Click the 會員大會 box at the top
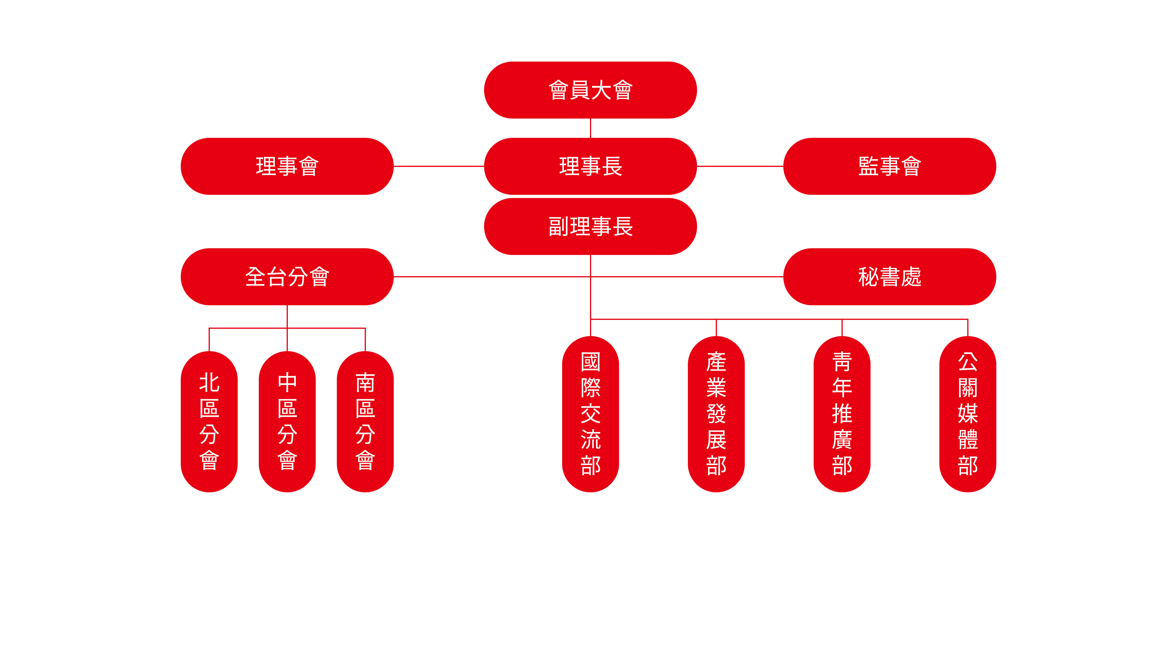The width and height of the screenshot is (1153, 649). [590, 90]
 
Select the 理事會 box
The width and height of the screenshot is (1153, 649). [287, 166]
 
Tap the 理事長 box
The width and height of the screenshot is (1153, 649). [590, 166]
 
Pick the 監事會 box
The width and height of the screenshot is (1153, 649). [889, 166]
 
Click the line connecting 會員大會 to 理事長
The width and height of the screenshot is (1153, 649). [590, 128]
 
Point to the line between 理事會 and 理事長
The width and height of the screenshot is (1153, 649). [439, 166]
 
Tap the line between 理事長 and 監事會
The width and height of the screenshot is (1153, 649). [740, 166]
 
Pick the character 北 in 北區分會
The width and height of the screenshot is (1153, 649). [209, 383]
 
